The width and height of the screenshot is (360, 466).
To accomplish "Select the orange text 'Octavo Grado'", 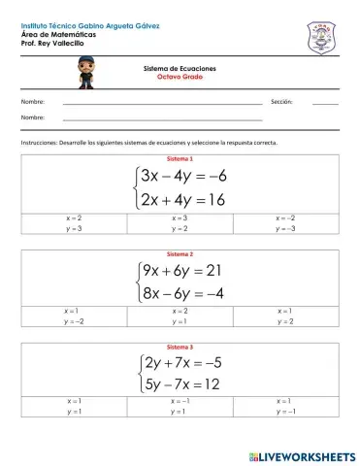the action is pos(180,79).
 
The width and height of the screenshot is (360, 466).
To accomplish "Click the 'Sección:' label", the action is pos(282,101).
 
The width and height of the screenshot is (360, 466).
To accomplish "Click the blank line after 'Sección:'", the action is pos(325,102).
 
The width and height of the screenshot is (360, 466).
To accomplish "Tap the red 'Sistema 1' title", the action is pos(180,158).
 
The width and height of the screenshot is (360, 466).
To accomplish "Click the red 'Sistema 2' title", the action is pos(180,253).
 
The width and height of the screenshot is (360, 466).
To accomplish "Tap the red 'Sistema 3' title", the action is pos(180,347).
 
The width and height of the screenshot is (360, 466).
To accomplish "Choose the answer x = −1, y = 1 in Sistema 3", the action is pos(180,407).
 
